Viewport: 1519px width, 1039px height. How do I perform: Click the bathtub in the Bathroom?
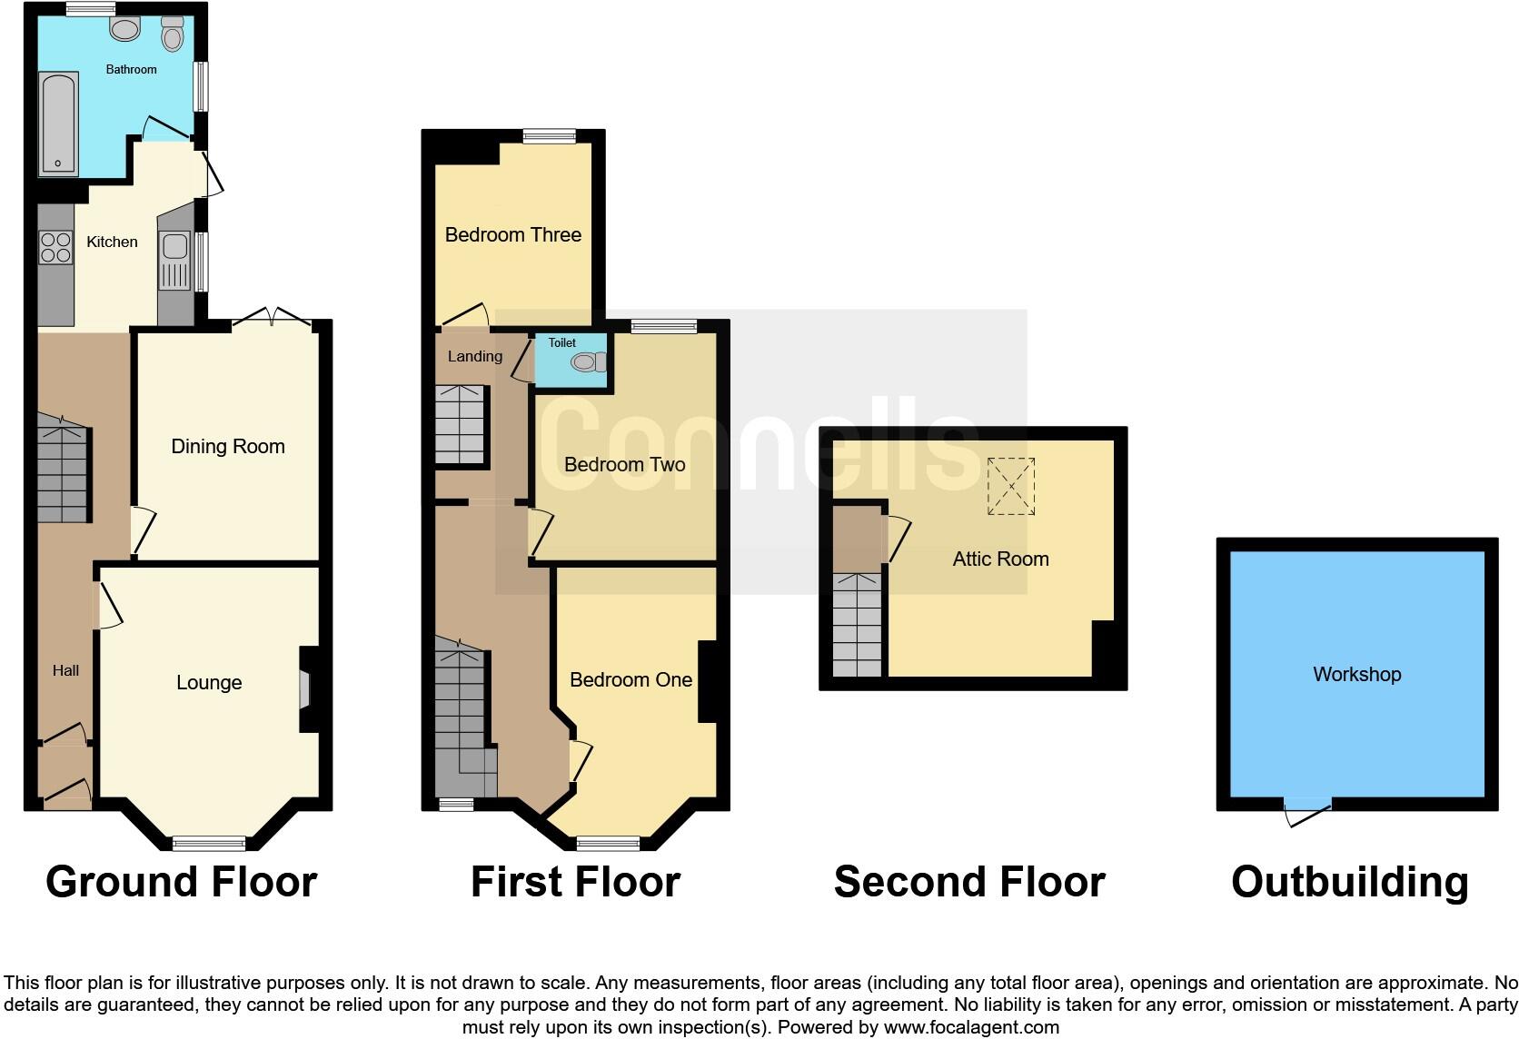click(59, 124)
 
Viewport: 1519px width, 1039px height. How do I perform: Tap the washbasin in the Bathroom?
click(124, 29)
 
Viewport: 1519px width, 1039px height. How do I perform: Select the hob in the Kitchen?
click(55, 248)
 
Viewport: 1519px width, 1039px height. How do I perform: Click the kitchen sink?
click(175, 247)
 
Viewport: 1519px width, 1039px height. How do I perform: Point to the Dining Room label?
click(228, 446)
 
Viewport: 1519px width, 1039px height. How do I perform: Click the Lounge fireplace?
click(306, 689)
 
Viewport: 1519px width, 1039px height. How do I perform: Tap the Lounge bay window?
click(209, 844)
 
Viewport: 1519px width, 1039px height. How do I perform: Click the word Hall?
click(65, 670)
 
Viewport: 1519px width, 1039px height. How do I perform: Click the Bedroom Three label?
click(513, 234)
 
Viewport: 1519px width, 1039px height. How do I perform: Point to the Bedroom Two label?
click(624, 464)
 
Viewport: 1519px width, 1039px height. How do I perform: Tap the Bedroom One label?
click(630, 679)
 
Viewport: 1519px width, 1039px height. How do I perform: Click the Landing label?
click(474, 356)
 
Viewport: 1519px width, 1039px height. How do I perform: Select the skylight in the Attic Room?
click(1011, 486)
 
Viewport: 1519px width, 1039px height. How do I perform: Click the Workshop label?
click(1356, 674)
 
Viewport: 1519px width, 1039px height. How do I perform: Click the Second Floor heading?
click(968, 882)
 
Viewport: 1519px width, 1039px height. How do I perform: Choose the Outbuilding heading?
click(1349, 882)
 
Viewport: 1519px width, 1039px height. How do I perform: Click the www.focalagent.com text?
click(970, 1027)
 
